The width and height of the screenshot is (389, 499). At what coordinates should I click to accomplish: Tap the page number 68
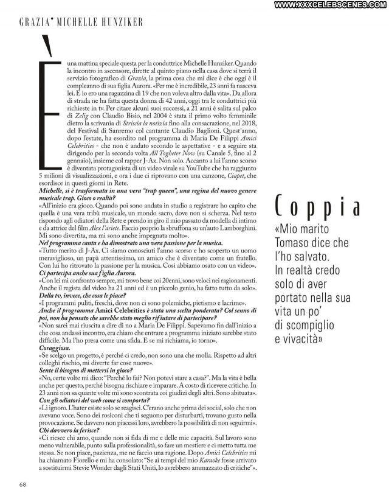tap(22, 484)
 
